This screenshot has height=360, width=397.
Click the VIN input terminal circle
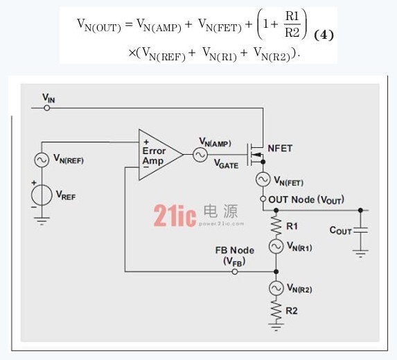click(47, 108)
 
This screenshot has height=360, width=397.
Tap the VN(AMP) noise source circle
click(200, 155)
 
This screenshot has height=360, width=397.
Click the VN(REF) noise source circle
click(42, 160)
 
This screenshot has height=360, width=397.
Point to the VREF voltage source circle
click(42, 195)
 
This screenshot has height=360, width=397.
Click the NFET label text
click(280, 148)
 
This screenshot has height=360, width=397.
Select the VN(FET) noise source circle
click(263, 180)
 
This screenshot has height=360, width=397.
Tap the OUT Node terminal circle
click(263, 199)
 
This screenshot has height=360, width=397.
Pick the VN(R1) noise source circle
click(276, 246)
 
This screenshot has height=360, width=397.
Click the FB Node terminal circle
click(235, 272)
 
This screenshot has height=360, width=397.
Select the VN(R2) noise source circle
click(276, 289)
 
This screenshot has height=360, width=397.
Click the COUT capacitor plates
click(360, 230)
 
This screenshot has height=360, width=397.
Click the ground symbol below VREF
click(42, 221)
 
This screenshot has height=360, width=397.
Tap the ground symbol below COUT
click(360, 253)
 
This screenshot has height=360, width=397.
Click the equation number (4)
click(324, 35)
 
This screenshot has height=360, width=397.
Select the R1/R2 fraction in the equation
click(292, 24)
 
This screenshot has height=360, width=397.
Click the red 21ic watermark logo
click(175, 216)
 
